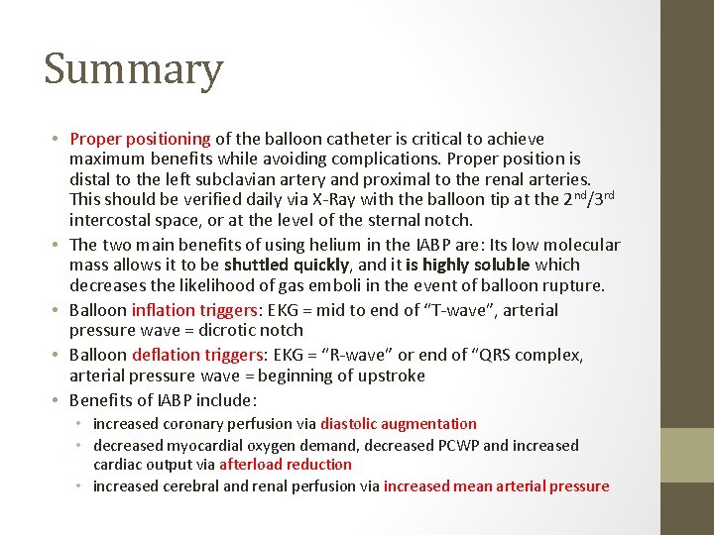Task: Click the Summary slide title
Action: tap(133, 70)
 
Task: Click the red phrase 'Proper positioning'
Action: tap(140, 139)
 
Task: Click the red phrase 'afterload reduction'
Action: tap(285, 465)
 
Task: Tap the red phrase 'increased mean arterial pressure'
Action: tap(496, 486)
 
